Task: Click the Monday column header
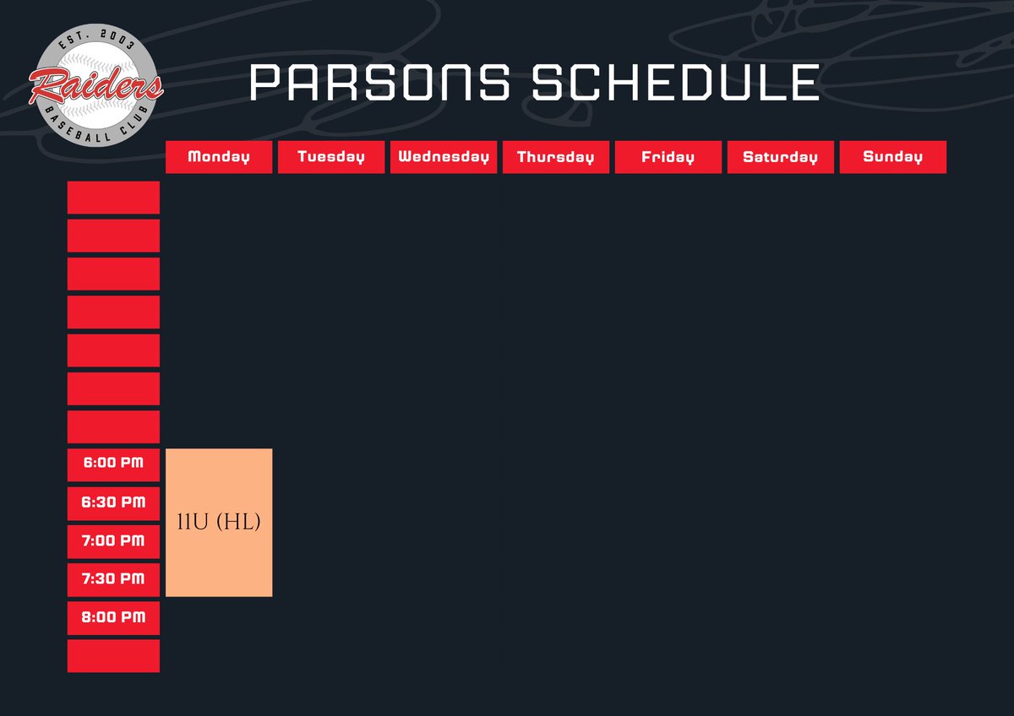(219, 157)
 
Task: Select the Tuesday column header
(331, 157)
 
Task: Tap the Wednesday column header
(444, 157)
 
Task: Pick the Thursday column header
(556, 157)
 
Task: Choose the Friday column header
(668, 157)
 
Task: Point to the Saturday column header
(780, 157)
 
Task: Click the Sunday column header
(892, 157)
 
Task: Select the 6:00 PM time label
(113, 464)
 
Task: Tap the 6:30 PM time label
(113, 502)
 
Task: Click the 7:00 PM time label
(113, 540)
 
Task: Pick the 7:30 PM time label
(113, 579)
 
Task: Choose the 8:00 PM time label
(113, 617)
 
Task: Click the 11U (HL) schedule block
(219, 523)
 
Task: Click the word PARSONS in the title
(380, 82)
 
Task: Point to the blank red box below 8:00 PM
(113, 656)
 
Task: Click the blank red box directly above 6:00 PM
(113, 426)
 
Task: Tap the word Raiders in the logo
(95, 84)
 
